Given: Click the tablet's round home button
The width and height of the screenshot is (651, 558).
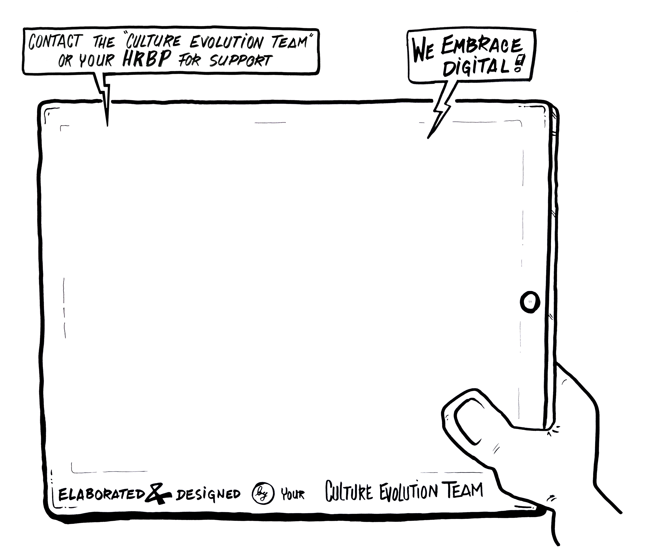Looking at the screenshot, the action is (530, 302).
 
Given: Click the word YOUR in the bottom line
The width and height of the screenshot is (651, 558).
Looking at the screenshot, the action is (292, 495).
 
